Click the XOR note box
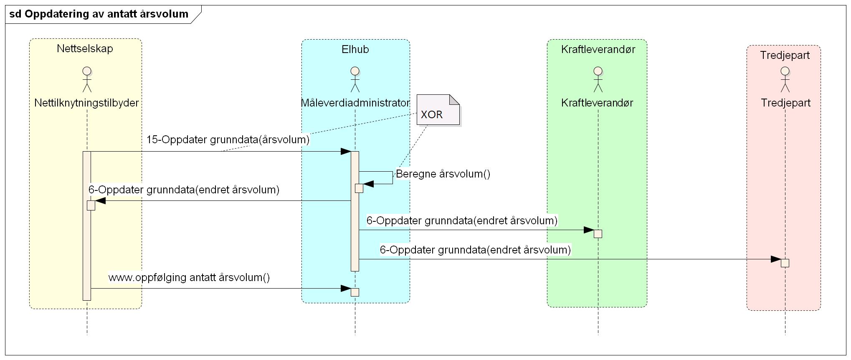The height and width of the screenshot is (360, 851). (438, 110)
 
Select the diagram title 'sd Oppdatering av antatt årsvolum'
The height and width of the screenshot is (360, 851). (99, 14)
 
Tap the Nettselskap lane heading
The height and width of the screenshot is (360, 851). (85, 48)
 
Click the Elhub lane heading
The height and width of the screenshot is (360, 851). (355, 49)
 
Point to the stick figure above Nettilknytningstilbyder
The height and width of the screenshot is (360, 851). (87, 79)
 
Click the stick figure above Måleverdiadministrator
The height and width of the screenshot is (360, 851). (355, 79)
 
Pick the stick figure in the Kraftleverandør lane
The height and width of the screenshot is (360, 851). (598, 79)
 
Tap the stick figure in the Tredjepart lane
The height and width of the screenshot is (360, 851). (785, 79)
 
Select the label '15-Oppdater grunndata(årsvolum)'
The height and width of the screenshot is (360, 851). (228, 139)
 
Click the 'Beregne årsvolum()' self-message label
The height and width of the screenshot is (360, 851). (443, 174)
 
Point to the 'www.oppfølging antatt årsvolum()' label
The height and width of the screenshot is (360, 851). (189, 277)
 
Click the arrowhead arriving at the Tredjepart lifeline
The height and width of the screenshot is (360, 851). (775, 259)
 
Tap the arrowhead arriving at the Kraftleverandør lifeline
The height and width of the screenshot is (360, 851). (589, 230)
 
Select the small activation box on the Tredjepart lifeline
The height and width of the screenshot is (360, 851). (785, 263)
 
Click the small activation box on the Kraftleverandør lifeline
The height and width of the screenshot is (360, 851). (598, 234)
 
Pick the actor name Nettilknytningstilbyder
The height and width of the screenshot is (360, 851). (86, 103)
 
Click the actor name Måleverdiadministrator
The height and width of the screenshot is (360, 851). (355, 103)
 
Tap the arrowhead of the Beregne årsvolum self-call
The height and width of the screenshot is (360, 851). (368, 184)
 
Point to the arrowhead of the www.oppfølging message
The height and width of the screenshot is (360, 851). (346, 289)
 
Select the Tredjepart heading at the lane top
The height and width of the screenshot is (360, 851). (785, 55)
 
